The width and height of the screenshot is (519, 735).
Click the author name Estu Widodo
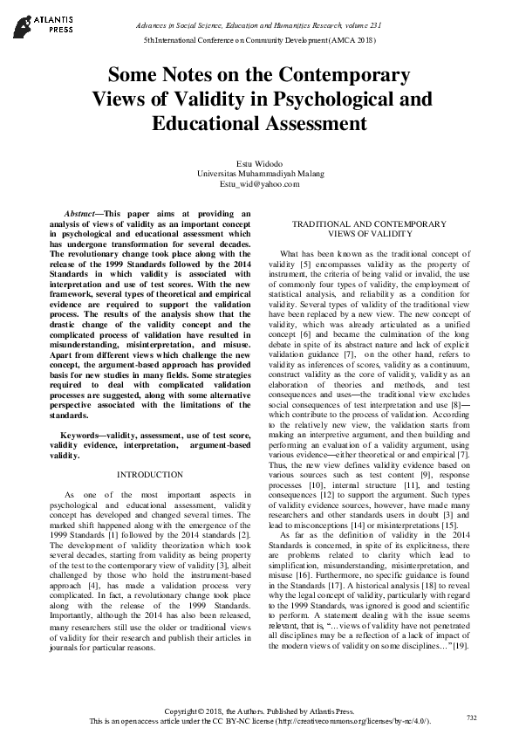point(259,163)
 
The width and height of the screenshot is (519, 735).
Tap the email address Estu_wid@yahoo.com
point(259,183)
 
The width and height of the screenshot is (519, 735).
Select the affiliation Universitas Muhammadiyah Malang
point(259,174)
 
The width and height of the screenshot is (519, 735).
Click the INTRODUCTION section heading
point(149,474)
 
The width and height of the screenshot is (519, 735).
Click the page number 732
point(471,717)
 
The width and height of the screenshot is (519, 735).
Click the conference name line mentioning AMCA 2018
point(259,41)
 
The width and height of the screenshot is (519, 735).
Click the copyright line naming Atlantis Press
point(259,712)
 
